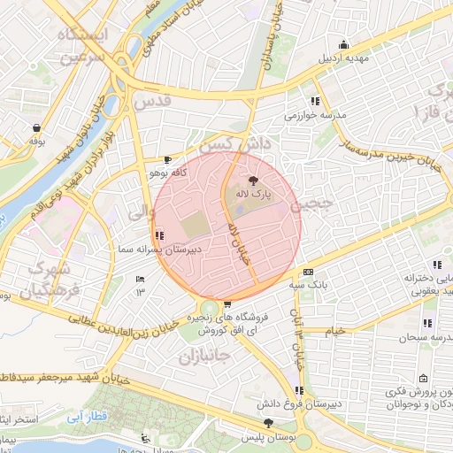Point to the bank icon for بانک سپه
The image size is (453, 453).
[308, 273]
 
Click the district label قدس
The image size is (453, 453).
[156, 103]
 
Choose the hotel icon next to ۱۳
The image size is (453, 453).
[140, 280]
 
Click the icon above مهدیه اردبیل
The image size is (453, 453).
[344, 45]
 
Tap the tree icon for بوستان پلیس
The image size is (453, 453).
[268, 425]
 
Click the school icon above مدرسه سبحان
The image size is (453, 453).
[427, 323]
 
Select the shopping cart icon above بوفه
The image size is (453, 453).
[35, 127]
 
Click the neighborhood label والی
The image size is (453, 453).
[141, 211]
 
